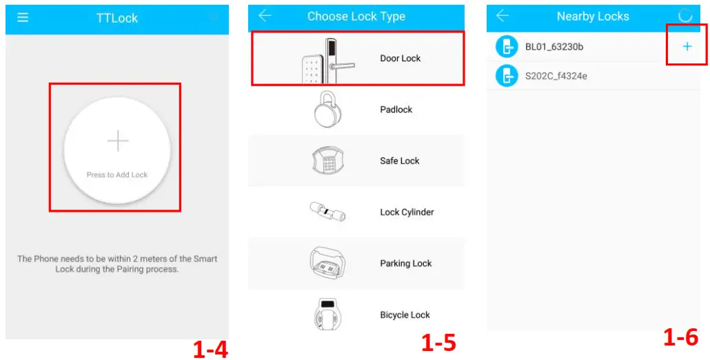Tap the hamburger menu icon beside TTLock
pyautogui.click(x=23, y=18)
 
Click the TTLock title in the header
pyautogui.click(x=117, y=19)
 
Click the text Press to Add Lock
pyautogui.click(x=117, y=174)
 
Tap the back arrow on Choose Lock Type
pyautogui.click(x=265, y=16)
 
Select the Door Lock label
pyautogui.click(x=400, y=59)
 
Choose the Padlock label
pyautogui.click(x=396, y=110)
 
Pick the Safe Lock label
pyautogui.click(x=399, y=161)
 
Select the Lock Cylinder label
pyautogui.click(x=407, y=212)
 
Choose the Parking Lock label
pyautogui.click(x=405, y=263)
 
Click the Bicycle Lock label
pyautogui.click(x=405, y=315)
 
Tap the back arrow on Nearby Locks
pyautogui.click(x=503, y=16)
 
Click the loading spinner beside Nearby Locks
pyautogui.click(x=685, y=16)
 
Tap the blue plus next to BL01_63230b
pyautogui.click(x=687, y=47)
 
